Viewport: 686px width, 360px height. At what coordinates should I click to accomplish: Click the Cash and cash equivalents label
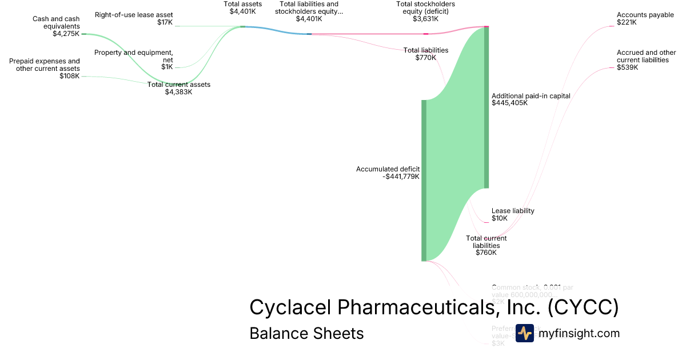coord(56,22)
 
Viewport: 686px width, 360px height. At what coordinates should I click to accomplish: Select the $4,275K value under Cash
coord(66,34)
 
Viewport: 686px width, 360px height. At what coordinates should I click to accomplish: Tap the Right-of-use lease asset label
coord(134,15)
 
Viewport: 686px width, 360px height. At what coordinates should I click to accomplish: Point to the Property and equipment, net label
coord(134,56)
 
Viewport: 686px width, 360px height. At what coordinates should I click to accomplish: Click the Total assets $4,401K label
coord(242,7)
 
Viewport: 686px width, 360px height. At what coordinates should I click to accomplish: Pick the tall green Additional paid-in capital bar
coord(486,107)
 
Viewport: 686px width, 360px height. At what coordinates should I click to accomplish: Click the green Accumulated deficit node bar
coord(424,180)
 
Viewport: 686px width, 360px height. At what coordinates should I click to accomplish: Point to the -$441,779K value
coord(401,177)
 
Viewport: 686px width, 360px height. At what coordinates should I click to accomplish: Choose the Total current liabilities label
coord(486,245)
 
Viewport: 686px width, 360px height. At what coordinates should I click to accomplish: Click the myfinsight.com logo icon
coord(525,333)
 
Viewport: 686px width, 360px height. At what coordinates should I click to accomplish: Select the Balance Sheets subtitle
coord(306,333)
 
